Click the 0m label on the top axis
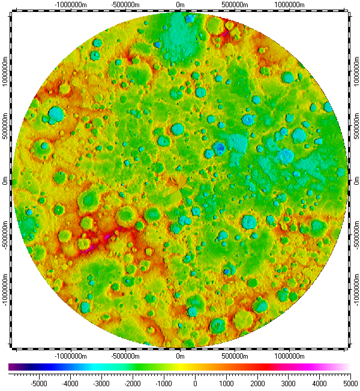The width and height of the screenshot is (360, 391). coord(180,5)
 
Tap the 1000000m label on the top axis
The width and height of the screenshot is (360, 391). coord(290,5)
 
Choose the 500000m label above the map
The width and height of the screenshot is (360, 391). coord(235,5)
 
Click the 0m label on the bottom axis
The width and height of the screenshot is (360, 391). coord(180,356)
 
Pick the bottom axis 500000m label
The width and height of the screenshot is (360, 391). coord(235,356)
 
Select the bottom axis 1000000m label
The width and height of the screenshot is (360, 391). coord(290,356)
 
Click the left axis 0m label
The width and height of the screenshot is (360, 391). coord(5,181)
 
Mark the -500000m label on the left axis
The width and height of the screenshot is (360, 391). coord(5,236)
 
